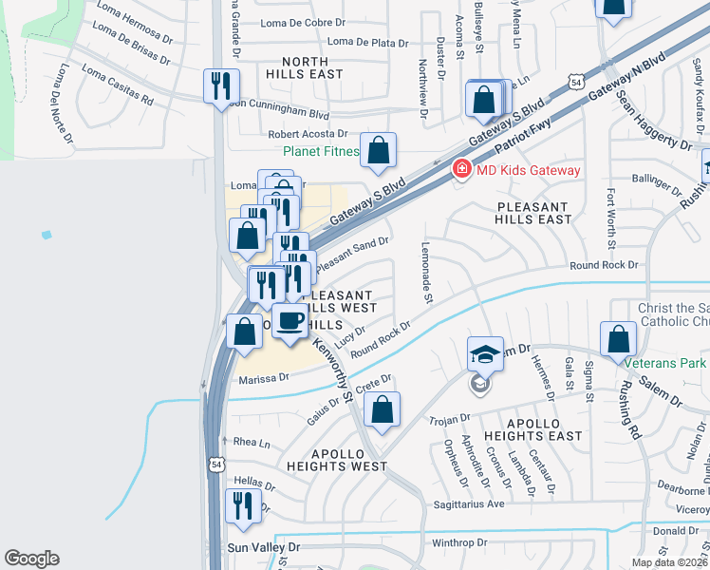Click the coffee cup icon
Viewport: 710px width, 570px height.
290,321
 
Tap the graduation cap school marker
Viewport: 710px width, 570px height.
485,354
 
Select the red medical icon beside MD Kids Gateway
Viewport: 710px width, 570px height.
461,170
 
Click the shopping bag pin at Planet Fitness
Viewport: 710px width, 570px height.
378,150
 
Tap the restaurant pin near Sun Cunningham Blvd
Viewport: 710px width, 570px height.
221,86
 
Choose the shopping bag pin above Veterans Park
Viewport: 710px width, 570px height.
618,338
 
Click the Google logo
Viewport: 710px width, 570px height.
31,559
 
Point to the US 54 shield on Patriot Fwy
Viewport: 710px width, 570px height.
576,84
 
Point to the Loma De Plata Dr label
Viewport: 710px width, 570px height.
366,42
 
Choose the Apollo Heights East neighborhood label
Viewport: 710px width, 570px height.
531,428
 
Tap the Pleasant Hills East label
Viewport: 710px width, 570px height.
532,213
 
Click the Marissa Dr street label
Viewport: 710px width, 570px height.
263,378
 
